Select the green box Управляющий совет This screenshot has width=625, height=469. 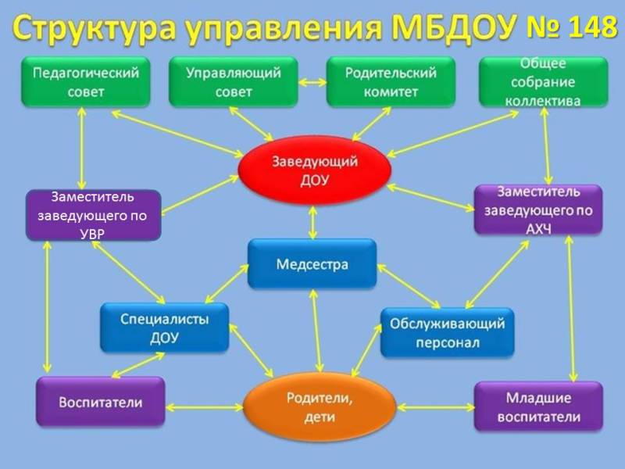[232, 82]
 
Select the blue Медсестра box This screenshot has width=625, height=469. [312, 264]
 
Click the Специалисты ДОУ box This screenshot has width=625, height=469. [165, 328]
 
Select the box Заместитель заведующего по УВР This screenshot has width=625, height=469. [93, 214]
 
